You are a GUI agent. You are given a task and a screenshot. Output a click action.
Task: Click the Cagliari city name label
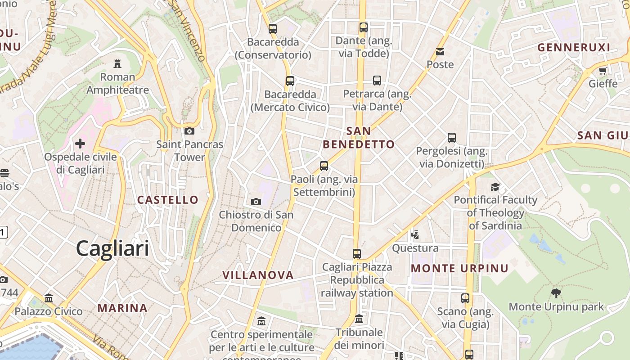[112, 248]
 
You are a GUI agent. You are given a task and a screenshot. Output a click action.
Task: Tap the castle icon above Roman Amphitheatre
[117, 63]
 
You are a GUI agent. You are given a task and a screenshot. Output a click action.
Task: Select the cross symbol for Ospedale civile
[80, 144]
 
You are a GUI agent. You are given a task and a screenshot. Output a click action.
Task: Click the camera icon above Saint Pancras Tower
[189, 131]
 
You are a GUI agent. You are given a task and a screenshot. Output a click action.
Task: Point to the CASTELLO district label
[168, 200]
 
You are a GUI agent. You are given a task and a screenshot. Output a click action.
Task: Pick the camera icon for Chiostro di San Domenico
[256, 202]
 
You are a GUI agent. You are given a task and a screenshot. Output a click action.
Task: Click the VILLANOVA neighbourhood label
[258, 275]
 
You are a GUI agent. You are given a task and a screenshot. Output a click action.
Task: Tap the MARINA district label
[122, 308]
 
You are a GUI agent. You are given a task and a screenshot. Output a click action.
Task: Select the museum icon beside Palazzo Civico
[49, 298]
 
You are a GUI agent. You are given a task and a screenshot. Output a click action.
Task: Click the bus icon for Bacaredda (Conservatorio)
[273, 29]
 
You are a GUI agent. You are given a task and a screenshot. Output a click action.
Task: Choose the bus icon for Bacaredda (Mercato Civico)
[290, 81]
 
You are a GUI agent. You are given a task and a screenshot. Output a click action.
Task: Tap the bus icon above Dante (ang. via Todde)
[364, 27]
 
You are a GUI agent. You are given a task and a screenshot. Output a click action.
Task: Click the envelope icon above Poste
[440, 52]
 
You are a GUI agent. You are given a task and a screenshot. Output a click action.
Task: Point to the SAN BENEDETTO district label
[359, 138]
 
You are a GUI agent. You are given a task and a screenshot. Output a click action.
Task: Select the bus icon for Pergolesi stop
[452, 138]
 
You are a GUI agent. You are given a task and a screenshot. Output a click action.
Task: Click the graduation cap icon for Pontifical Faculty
[495, 187]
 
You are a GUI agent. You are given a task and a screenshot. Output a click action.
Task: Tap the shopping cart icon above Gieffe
[603, 71]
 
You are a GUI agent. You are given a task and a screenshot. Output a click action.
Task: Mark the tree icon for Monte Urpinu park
[556, 293]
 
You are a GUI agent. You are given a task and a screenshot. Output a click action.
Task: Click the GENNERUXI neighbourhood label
[574, 47]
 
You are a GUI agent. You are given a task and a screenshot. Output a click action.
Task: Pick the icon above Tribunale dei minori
[359, 319]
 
